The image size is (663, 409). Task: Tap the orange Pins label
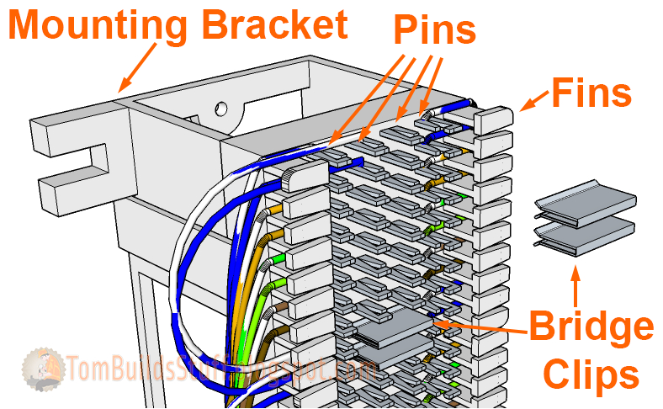click(x=435, y=31)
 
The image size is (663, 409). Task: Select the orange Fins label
click(x=591, y=92)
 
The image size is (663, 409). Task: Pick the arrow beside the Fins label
click(x=533, y=102)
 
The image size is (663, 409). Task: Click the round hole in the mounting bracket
click(x=221, y=109)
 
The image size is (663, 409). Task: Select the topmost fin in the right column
click(x=491, y=120)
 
